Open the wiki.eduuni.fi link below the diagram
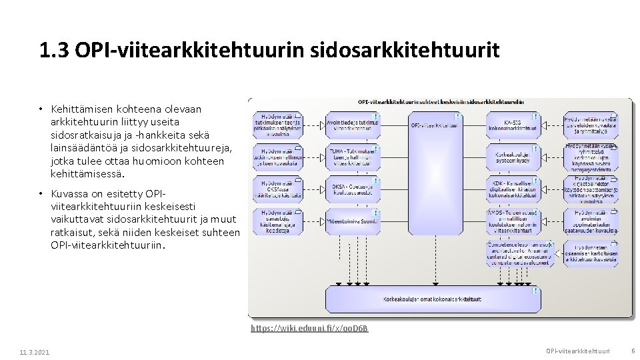[309, 329]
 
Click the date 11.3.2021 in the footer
[34, 352]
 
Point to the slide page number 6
[633, 351]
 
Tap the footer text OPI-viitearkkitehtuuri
[577, 351]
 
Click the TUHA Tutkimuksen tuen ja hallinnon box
[353, 157]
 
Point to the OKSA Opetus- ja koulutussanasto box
[353, 190]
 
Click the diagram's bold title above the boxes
[441, 102]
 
